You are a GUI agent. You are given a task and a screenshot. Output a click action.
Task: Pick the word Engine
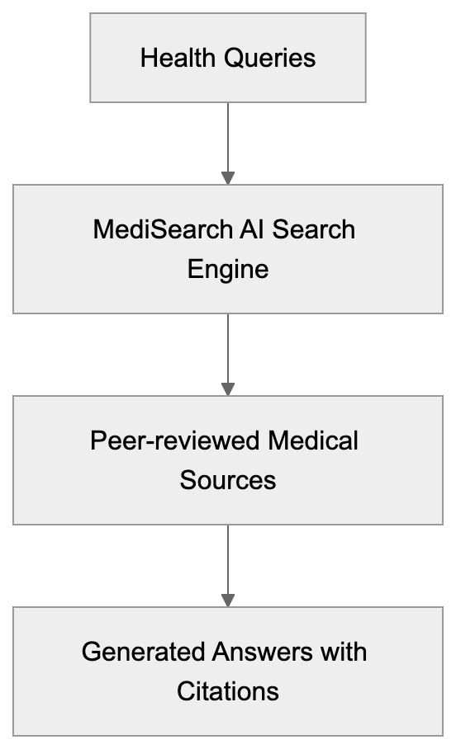[x=228, y=269]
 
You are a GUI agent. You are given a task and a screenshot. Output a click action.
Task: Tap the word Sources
[x=228, y=480]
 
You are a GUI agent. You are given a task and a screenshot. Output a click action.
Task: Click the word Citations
[x=228, y=691]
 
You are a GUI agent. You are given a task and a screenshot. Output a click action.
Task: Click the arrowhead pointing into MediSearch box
[x=228, y=177]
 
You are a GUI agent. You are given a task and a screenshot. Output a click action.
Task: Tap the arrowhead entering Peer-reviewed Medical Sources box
[x=228, y=389]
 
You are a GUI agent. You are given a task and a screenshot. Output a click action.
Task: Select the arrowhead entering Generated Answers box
[x=228, y=600]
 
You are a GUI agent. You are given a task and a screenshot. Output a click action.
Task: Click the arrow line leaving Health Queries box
[x=228, y=136]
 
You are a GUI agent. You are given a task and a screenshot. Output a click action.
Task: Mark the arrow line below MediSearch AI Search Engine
[x=228, y=346]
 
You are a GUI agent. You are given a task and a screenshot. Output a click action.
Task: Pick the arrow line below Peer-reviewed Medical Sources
[x=228, y=558]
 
